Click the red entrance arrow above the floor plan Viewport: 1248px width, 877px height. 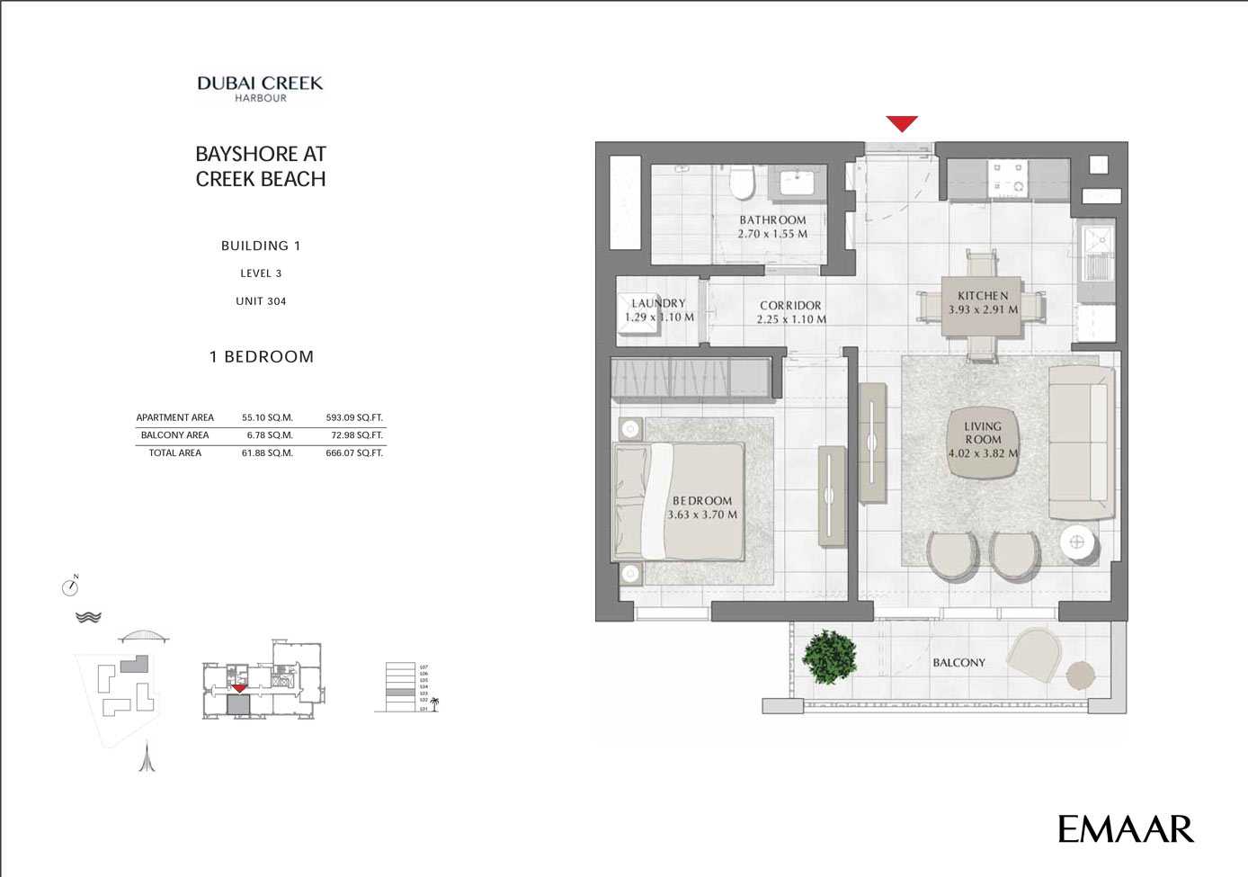pyautogui.click(x=902, y=124)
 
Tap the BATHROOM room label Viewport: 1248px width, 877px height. pyautogui.click(x=772, y=220)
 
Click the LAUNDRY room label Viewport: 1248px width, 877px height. pyautogui.click(x=658, y=304)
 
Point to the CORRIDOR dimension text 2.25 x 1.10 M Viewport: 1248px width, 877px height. pyautogui.click(x=791, y=319)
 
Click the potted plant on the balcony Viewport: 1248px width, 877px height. pyautogui.click(x=829, y=656)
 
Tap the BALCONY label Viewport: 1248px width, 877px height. pyautogui.click(x=958, y=663)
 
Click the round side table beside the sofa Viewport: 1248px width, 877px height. pyautogui.click(x=1076, y=542)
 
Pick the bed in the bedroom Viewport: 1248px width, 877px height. pyautogui.click(x=679, y=501)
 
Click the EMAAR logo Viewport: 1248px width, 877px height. pyautogui.click(x=1125, y=829)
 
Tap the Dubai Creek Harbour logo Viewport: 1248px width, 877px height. pyautogui.click(x=260, y=88)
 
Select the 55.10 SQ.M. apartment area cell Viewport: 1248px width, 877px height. pyautogui.click(x=267, y=417)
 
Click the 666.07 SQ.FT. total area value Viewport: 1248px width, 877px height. pyautogui.click(x=354, y=453)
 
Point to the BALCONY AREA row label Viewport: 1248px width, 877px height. pyautogui.click(x=174, y=435)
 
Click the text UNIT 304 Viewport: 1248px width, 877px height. pyautogui.click(x=261, y=301)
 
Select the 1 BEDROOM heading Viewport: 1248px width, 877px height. pyautogui.click(x=262, y=357)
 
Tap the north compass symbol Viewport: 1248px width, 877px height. pyautogui.click(x=70, y=586)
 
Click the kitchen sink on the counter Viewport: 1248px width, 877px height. pyautogui.click(x=1097, y=240)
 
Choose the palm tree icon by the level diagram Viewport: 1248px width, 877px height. pyautogui.click(x=434, y=703)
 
